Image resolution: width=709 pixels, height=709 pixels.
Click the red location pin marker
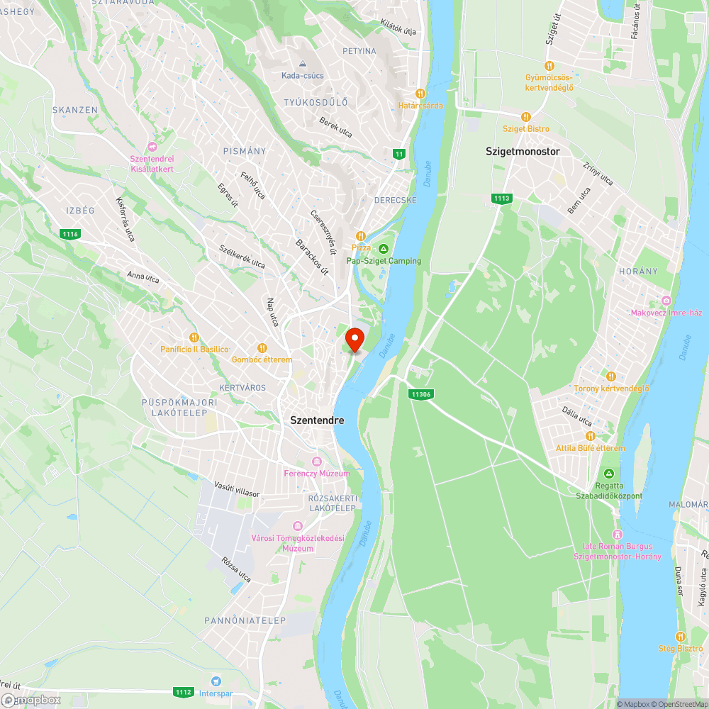click(x=354, y=339)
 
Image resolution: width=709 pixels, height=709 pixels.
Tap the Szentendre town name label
click(x=317, y=420)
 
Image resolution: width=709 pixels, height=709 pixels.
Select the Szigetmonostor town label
click(x=523, y=152)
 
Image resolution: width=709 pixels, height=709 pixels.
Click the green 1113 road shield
click(x=501, y=199)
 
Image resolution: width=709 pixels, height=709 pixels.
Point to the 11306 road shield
click(x=420, y=394)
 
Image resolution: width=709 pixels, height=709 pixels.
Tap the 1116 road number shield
click(x=71, y=234)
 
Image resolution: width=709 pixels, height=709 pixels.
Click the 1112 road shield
click(x=183, y=692)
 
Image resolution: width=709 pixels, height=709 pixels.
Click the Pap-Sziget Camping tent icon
click(x=384, y=248)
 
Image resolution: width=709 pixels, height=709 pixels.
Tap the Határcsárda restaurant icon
click(x=420, y=93)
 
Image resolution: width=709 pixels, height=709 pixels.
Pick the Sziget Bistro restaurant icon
click(x=525, y=116)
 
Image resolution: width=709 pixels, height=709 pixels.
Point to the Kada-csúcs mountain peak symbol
click(x=303, y=63)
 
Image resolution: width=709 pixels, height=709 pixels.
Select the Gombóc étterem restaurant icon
click(x=262, y=347)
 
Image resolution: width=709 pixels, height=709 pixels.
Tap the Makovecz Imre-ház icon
click(x=666, y=300)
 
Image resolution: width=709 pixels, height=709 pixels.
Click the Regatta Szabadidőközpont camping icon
click(x=608, y=474)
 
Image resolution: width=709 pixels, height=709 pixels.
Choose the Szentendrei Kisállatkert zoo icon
click(x=152, y=146)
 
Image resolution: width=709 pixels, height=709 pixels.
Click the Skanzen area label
click(x=74, y=110)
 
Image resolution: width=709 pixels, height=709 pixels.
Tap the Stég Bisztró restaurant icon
click(x=681, y=636)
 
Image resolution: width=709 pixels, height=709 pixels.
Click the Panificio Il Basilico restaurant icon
click(x=194, y=337)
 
